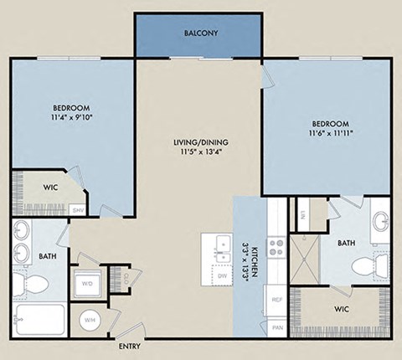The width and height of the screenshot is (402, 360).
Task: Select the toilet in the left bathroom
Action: pyautogui.click(x=34, y=285)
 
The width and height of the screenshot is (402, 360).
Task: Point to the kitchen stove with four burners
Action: pyautogui.click(x=276, y=248)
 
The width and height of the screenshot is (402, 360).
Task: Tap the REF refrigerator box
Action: pyautogui.click(x=276, y=298)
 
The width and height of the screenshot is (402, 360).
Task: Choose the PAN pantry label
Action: pyautogui.click(x=276, y=327)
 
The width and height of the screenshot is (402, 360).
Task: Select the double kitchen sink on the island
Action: pyautogui.click(x=222, y=244)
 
